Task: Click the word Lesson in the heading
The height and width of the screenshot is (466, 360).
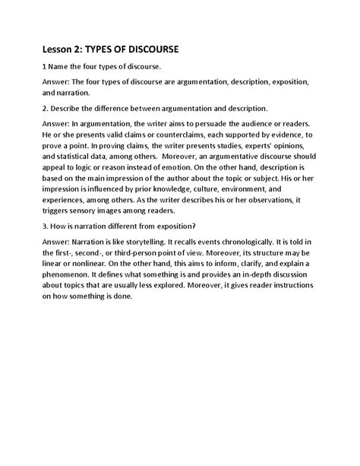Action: click(68, 49)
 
